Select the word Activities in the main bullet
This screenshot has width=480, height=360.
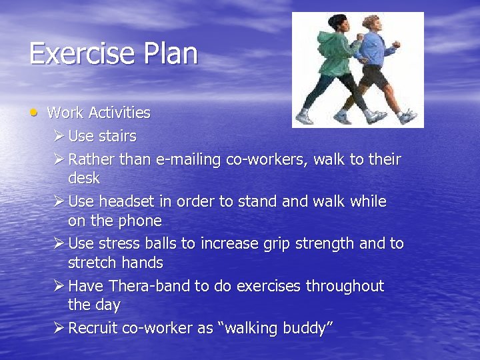point(119,113)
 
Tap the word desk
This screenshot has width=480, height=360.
point(84,179)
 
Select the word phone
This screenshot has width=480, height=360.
point(140,221)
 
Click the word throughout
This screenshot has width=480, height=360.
point(345,286)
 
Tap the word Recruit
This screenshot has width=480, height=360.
point(94,328)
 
